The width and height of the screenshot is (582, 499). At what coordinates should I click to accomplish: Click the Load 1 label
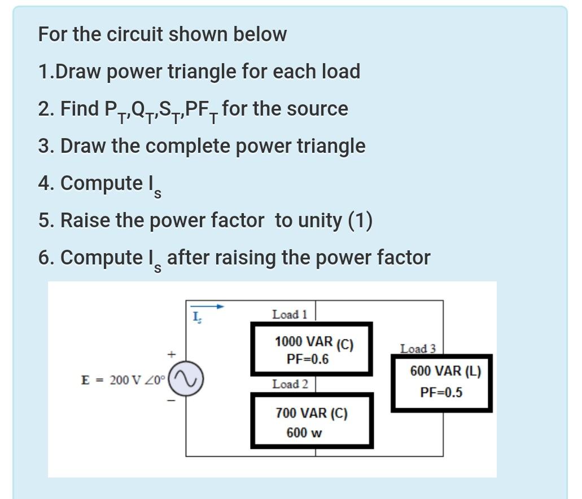point(289,315)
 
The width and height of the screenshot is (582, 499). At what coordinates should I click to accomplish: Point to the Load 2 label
point(290,385)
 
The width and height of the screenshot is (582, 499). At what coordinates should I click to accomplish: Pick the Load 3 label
point(418,349)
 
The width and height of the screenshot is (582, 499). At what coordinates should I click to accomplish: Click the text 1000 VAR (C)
point(313,342)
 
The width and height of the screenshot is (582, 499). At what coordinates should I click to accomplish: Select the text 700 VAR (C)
point(311,413)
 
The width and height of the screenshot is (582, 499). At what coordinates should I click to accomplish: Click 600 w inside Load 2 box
point(304,432)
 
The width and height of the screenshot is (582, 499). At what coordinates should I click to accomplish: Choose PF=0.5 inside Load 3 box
point(441,392)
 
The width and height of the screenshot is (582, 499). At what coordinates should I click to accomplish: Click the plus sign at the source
point(168,355)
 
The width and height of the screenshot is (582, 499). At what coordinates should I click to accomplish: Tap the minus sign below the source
point(168,401)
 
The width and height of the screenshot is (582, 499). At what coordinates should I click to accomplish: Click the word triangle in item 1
point(199,72)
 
